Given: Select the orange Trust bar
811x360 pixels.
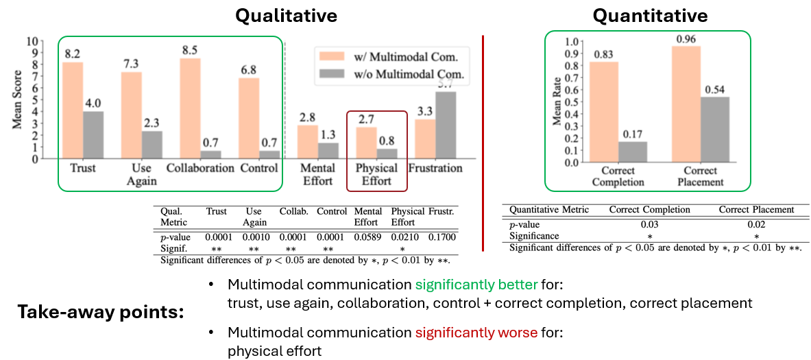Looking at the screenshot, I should pos(73,110).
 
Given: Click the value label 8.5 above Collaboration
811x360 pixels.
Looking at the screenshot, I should pos(191,50).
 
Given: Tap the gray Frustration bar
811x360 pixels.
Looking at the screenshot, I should pos(445,125).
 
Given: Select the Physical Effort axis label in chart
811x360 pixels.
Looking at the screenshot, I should pos(376,174).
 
